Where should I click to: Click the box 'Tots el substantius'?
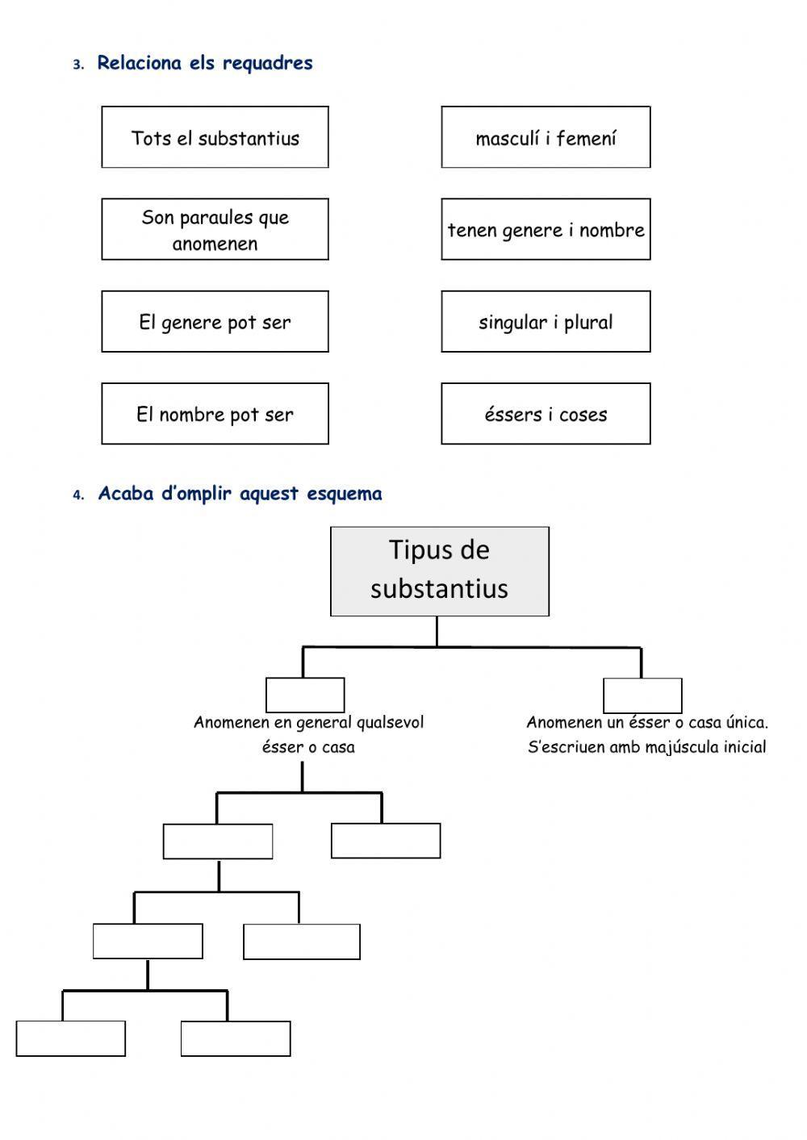(215, 137)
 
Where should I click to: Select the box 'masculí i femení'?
(546, 137)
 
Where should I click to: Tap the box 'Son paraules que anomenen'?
(215, 230)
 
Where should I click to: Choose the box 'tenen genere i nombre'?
(546, 230)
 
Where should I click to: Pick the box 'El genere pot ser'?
(215, 322)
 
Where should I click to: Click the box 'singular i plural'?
(546, 322)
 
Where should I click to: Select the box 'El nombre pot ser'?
(215, 414)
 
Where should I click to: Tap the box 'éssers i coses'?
(546, 414)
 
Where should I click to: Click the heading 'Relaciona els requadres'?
(205, 63)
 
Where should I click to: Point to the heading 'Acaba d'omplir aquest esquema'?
(240, 494)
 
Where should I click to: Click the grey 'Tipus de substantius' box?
(440, 571)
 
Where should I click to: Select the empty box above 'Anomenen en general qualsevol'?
(305, 695)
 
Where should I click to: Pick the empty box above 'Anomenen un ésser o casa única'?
(642, 695)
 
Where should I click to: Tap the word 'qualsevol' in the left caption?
(390, 722)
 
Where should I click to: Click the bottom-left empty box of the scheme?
(71, 1038)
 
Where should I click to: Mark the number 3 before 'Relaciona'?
(77, 65)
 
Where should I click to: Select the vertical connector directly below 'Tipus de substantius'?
(437, 631)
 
